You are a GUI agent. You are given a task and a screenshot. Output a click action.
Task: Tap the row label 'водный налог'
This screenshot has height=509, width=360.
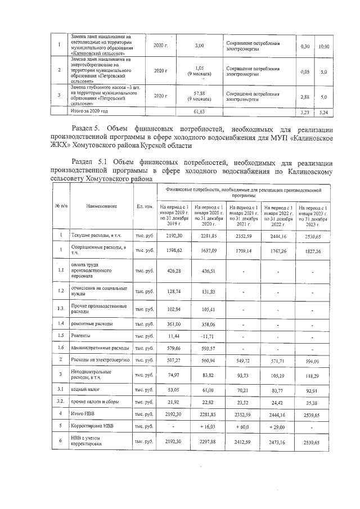pos(85,389)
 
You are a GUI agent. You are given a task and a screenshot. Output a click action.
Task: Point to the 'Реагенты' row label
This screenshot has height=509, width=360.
pos(83,336)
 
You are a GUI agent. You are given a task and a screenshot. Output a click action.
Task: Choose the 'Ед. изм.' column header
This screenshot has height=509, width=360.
pos(145,206)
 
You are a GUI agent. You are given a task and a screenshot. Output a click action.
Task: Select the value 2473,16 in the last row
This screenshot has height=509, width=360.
pos(274,443)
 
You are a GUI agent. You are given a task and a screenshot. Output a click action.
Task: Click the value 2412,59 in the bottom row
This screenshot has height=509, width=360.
pos(240,443)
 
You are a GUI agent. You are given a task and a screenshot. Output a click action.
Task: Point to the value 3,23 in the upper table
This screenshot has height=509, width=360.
pos(305,112)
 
